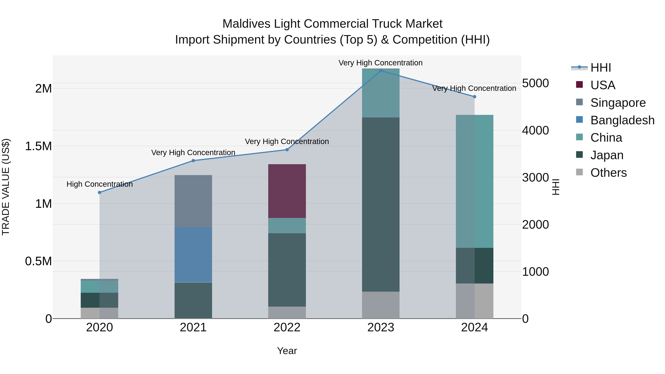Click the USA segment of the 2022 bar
pyautogui.click(x=287, y=191)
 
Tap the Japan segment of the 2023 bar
pyautogui.click(x=381, y=204)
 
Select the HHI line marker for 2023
pyautogui.click(x=381, y=71)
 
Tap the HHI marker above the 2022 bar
pyautogui.click(x=287, y=150)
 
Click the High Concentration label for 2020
pyautogui.click(x=100, y=184)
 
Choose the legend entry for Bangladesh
pyautogui.click(x=622, y=120)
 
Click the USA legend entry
pyautogui.click(x=603, y=85)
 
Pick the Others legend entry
pyautogui.click(x=608, y=173)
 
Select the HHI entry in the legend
pyautogui.click(x=601, y=68)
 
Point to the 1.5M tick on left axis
pyautogui.click(x=38, y=146)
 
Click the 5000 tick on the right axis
pyautogui.click(x=535, y=83)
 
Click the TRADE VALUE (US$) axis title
pyautogui.click(x=6, y=187)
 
